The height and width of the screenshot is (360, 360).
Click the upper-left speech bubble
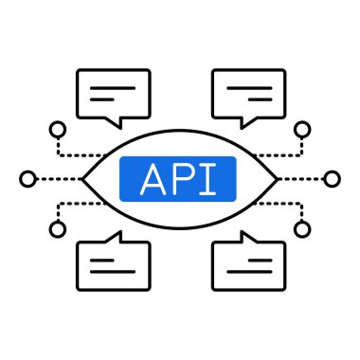click(113, 92)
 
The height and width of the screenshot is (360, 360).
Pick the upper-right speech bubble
click(248, 92)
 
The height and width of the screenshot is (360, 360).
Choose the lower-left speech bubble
click(113, 264)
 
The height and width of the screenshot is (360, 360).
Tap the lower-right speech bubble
click(248, 264)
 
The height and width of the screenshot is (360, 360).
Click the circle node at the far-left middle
click(27, 178)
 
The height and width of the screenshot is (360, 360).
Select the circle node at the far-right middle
click(332, 178)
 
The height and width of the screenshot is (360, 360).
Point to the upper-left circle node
click(57, 127)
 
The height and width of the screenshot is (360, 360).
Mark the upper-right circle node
click(302, 127)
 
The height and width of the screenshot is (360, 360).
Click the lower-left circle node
click(57, 229)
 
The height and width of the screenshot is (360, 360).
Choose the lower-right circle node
click(302, 229)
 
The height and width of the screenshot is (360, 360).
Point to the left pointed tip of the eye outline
click(84, 178)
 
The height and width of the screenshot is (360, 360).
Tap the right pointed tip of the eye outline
click(277, 178)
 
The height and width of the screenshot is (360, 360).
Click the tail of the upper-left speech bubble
click(117, 120)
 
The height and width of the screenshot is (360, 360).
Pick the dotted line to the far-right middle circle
click(303, 178)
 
